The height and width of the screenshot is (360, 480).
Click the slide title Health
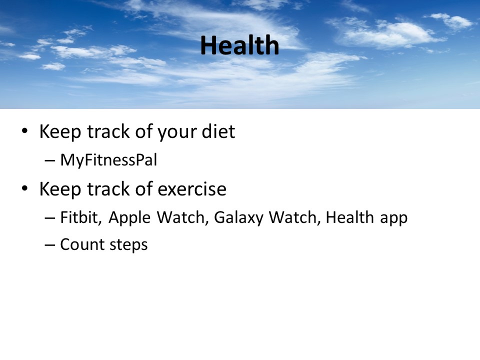click(239, 45)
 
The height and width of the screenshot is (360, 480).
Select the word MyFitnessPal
click(108, 160)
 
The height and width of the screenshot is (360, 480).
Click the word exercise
click(192, 189)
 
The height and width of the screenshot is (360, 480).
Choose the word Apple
click(129, 218)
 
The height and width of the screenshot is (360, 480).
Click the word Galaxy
click(238, 218)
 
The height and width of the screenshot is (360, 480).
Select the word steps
click(128, 245)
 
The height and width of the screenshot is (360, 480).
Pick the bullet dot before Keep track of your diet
click(25, 131)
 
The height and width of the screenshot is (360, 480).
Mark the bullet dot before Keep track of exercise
click(25, 188)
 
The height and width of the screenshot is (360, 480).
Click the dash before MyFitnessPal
click(50, 160)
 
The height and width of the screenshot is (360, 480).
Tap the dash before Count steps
click(50, 244)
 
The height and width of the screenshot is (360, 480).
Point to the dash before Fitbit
click(50, 217)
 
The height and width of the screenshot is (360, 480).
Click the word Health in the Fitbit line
click(349, 217)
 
